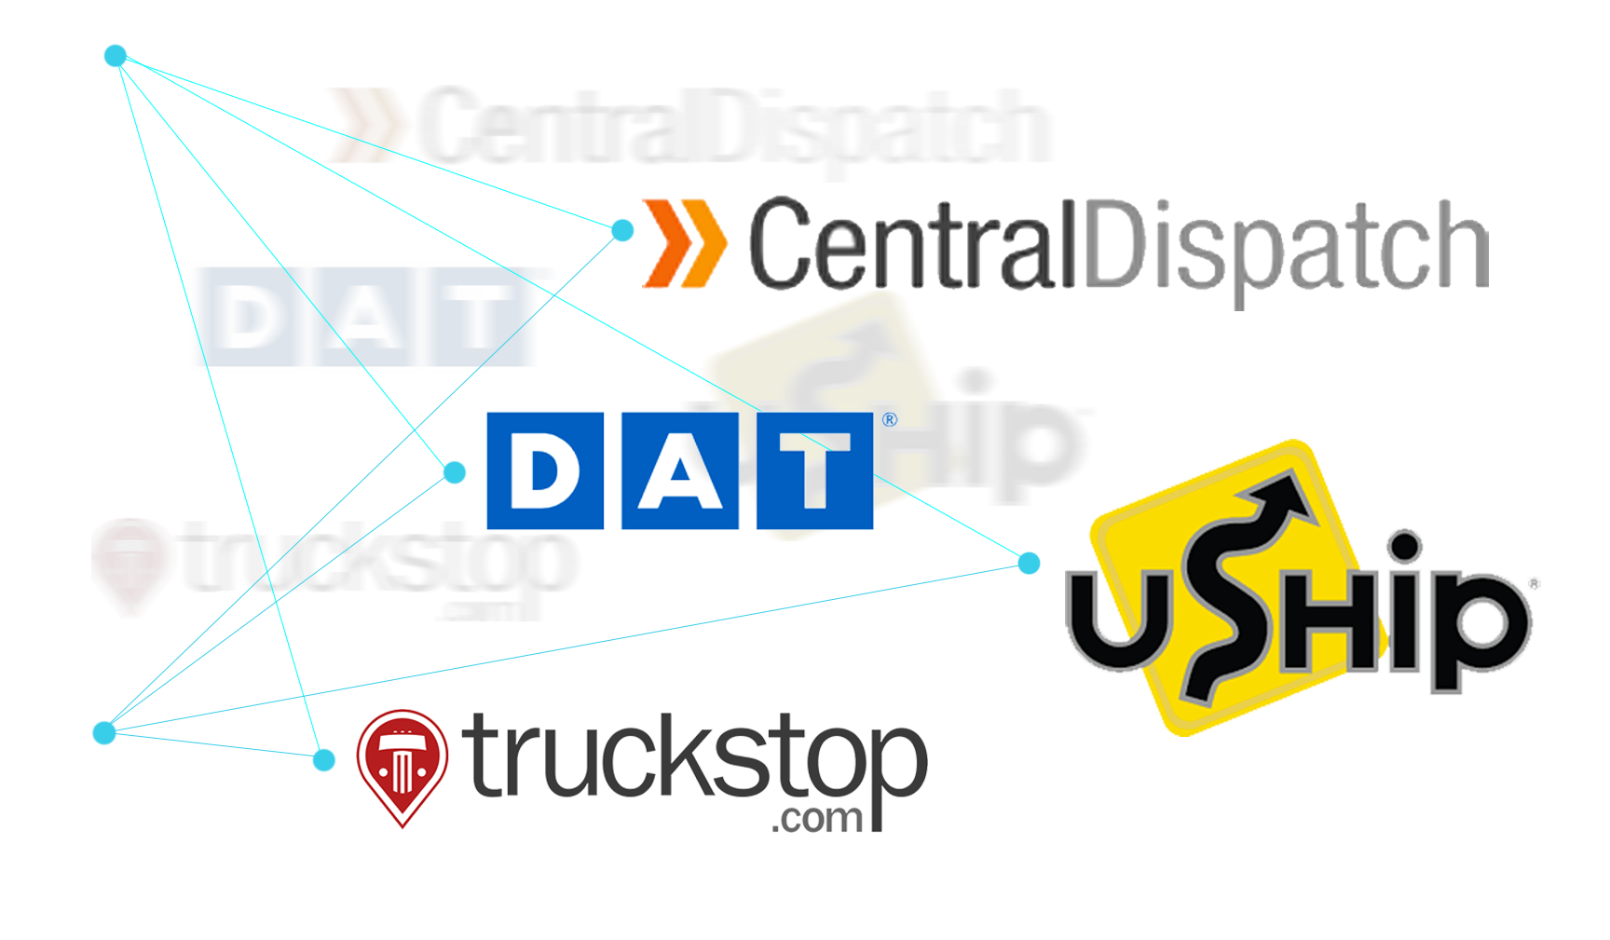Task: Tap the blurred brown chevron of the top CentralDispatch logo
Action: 366,124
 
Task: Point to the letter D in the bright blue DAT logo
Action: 545,472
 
